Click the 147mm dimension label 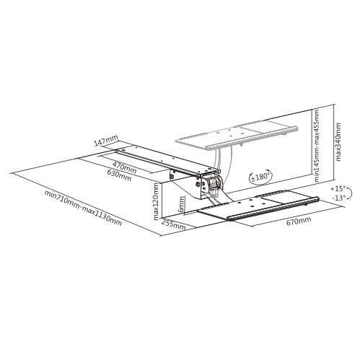(x=106, y=141)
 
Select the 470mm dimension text (x=125, y=167)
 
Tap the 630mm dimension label (x=120, y=175)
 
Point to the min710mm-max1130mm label (x=84, y=208)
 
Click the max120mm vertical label (x=156, y=201)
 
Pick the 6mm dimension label (x=182, y=204)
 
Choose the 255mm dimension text (x=173, y=224)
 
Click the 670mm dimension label (x=299, y=221)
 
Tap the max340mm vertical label (x=338, y=142)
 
